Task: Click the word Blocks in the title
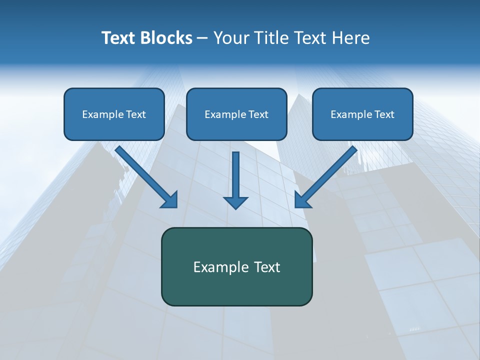click(166, 38)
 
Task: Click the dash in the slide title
click(202, 38)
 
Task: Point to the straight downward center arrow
click(236, 175)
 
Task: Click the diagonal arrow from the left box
click(142, 172)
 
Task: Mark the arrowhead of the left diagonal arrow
click(170, 200)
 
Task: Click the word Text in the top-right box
click(384, 114)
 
